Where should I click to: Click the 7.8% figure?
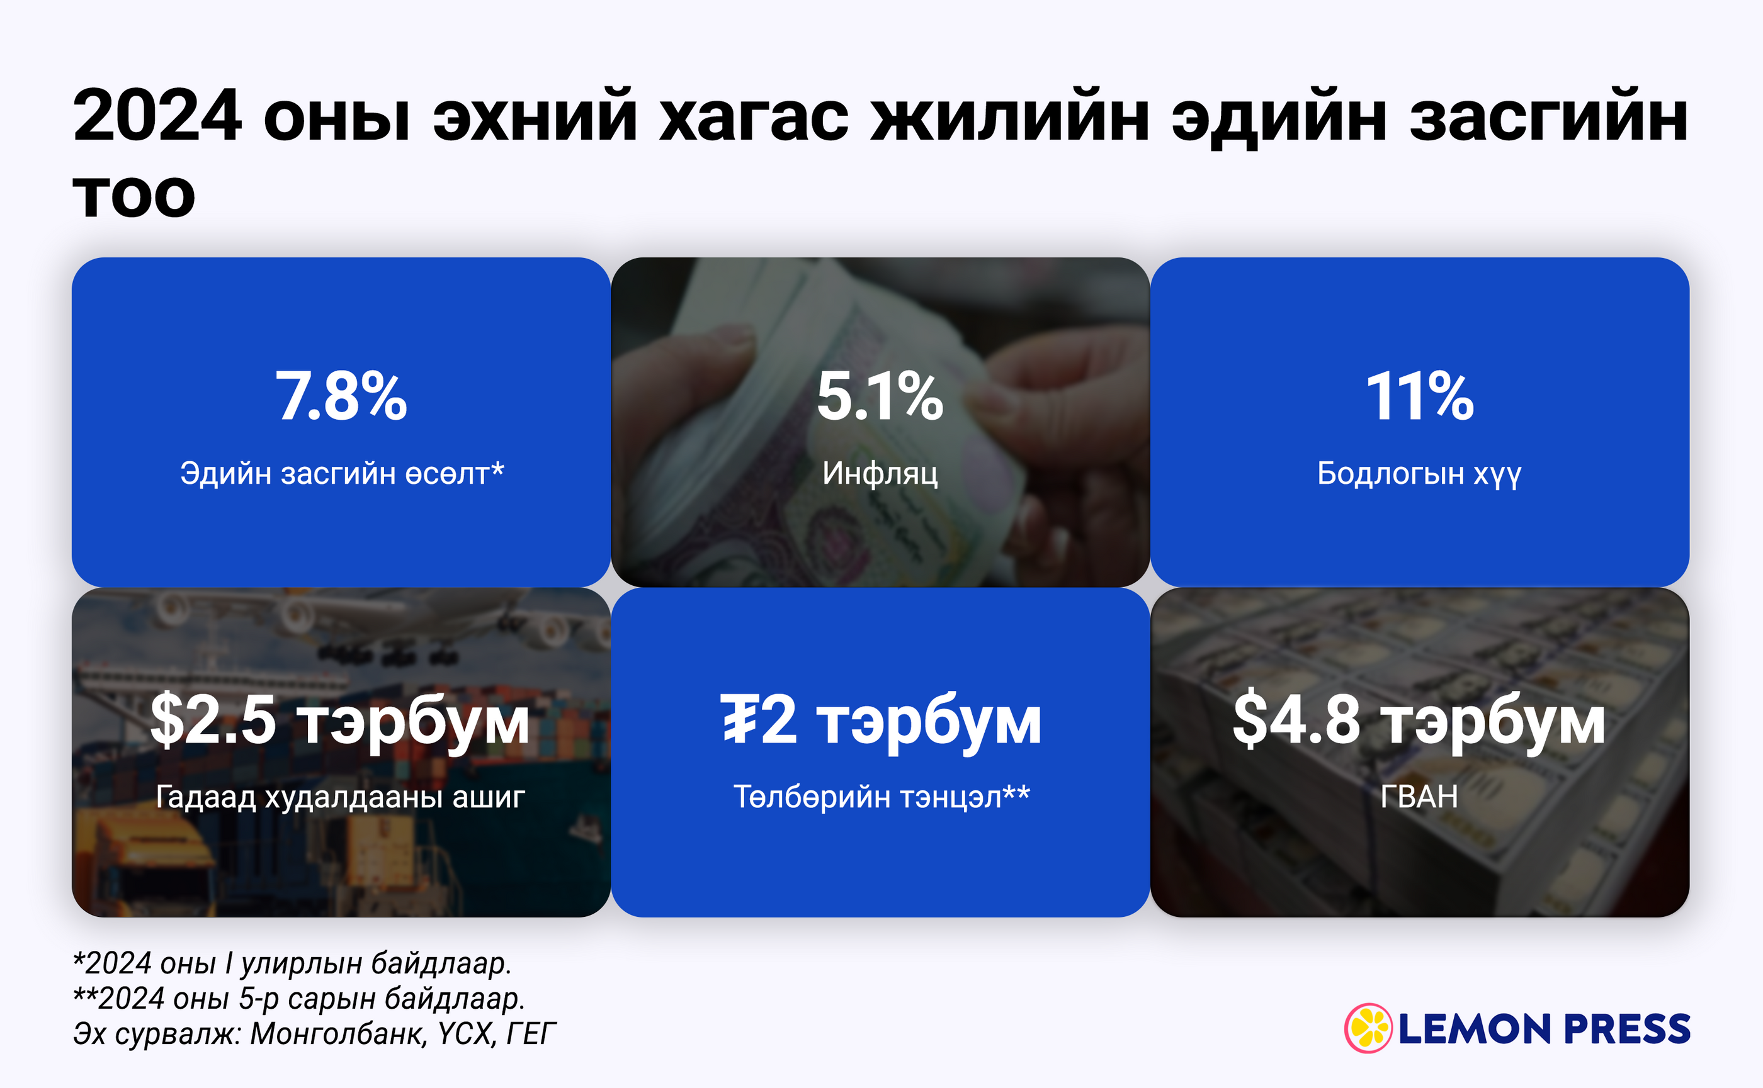tap(341, 396)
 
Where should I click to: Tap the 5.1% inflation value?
tap(880, 396)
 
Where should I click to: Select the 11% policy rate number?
tap(1420, 396)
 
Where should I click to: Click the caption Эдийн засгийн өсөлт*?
tap(342, 473)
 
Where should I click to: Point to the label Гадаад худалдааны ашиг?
tap(341, 797)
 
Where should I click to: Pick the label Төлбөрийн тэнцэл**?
tap(881, 797)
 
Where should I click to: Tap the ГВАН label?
tap(1419, 797)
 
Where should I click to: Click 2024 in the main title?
tap(157, 115)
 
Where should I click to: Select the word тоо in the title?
tap(134, 195)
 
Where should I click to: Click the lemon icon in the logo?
tap(1368, 1028)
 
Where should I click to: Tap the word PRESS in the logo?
tap(1628, 1029)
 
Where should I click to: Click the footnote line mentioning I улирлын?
tap(292, 963)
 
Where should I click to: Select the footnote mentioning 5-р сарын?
tap(298, 999)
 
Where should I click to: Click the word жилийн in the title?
tap(1010, 115)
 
